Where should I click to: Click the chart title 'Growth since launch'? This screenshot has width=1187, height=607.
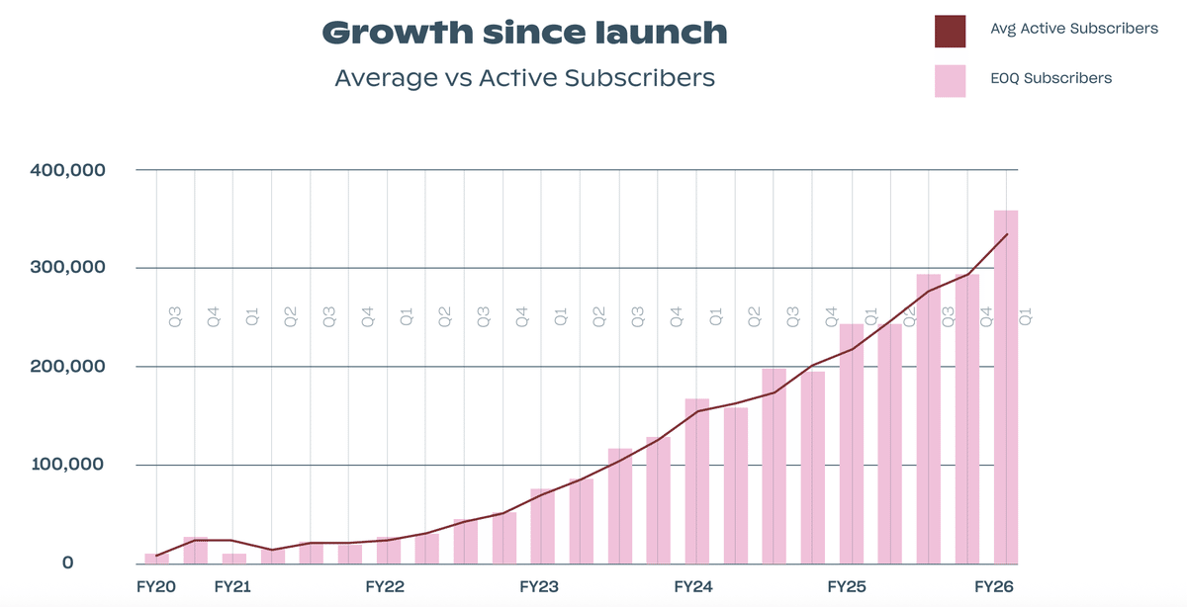pos(524,32)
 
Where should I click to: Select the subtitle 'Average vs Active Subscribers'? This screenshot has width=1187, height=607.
pos(524,77)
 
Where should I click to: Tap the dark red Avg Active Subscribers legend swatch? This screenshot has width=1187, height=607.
pos(950,31)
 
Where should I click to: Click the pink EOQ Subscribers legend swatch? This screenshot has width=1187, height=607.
pos(950,80)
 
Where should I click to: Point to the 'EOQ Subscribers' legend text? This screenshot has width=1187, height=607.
pos(1051,78)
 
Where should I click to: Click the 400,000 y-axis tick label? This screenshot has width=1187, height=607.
pos(67,170)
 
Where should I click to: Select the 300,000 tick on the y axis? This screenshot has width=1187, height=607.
pos(67,268)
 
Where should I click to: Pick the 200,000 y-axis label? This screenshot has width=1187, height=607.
pos(67,367)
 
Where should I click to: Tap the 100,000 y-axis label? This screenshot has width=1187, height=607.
pos(67,465)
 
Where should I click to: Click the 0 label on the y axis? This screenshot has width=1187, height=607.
pos(68,563)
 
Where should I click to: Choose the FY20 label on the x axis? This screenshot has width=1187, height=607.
pos(156,587)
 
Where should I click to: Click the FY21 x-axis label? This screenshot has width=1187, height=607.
pos(232,587)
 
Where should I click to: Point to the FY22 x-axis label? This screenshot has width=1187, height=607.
pos(386,587)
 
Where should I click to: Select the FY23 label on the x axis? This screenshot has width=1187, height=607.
pos(540,587)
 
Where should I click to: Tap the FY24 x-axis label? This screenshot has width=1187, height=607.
pos(693,587)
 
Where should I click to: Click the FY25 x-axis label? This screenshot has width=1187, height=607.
pos(848,587)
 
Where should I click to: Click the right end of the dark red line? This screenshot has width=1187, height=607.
pos(1006,234)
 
